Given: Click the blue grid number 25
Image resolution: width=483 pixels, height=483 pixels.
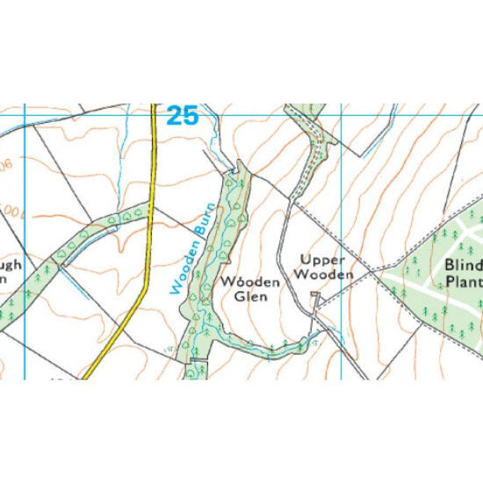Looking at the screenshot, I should (182, 116).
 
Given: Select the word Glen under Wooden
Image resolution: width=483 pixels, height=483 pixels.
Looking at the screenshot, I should (249, 297).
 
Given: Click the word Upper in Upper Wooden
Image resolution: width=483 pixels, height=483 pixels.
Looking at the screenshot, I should (320, 260).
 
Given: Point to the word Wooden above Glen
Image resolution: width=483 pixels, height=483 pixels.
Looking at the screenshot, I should (250, 282).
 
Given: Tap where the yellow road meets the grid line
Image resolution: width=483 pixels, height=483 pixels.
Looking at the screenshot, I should (153, 114).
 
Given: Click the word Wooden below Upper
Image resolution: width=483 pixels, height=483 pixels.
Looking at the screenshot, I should (323, 275).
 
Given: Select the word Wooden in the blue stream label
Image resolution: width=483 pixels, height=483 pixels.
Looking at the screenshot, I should (180, 269).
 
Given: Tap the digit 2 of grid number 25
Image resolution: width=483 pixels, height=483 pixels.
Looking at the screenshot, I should (173, 116).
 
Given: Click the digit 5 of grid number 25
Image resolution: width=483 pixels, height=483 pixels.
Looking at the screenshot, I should (190, 116).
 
